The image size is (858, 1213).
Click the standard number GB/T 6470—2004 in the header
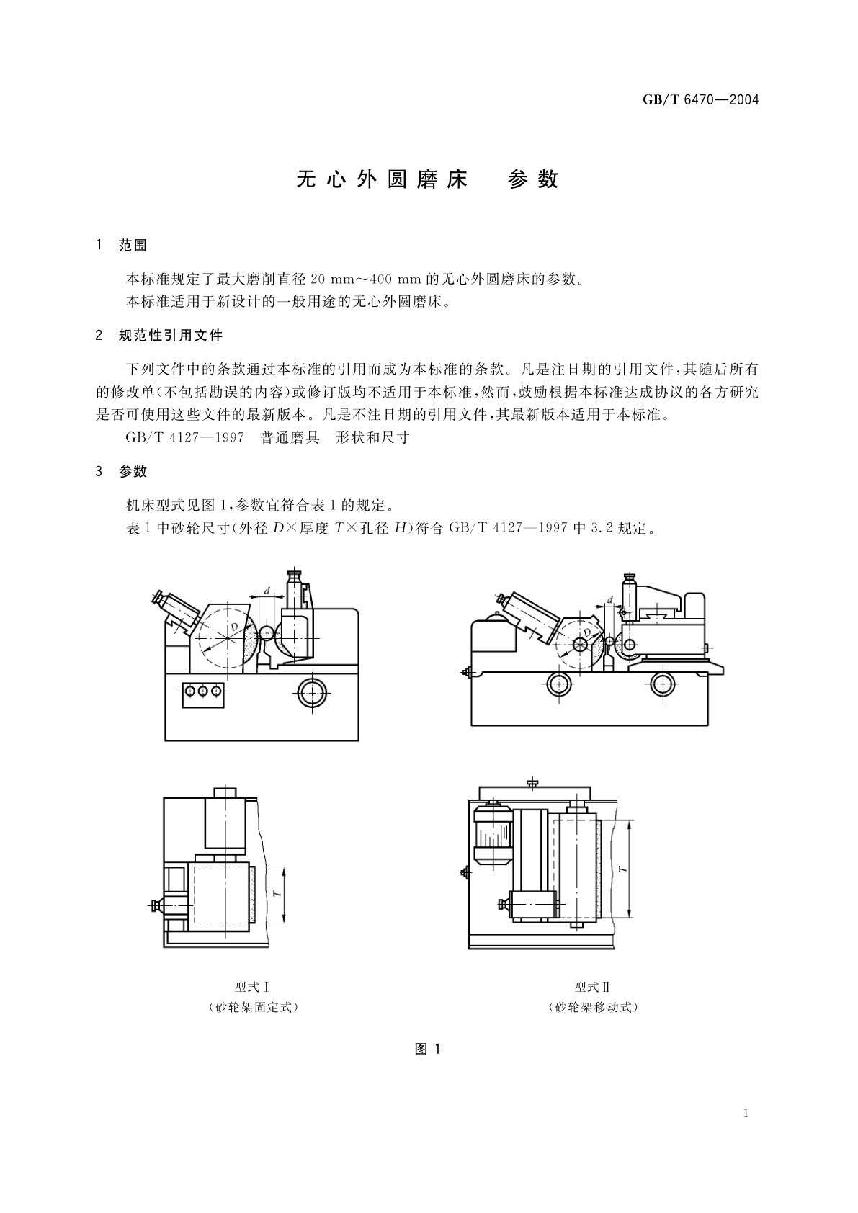pyautogui.click(x=700, y=99)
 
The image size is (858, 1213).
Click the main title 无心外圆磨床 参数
pyautogui.click(x=428, y=179)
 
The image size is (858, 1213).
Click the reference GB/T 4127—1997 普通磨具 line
pyautogui.click(x=267, y=437)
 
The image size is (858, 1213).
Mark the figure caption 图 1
pyautogui.click(x=427, y=1049)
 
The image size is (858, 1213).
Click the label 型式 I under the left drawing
pyautogui.click(x=251, y=987)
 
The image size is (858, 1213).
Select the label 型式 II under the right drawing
pyautogui.click(x=592, y=987)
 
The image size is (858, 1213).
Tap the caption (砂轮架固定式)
pyautogui.click(x=251, y=1007)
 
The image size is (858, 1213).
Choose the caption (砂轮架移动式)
pyautogui.click(x=592, y=1007)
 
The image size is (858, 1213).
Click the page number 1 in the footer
pyautogui.click(x=746, y=1114)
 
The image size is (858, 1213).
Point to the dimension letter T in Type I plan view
pyautogui.click(x=277, y=895)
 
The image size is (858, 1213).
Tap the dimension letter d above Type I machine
pyautogui.click(x=267, y=591)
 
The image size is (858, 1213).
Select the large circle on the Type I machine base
pyautogui.click(x=312, y=692)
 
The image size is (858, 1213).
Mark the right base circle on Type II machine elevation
pyautogui.click(x=662, y=684)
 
